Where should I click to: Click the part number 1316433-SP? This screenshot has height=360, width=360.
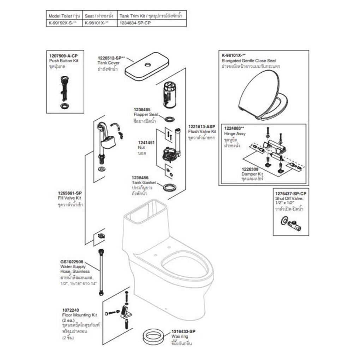click(183, 331)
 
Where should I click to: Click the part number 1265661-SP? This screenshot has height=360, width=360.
click(70, 193)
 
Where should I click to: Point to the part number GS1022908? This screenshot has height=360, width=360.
click(72, 262)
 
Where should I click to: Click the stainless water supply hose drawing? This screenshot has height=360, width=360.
click(102, 271)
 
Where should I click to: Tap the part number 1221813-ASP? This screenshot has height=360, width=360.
click(202, 126)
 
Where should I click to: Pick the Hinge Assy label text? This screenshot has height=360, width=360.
click(235, 134)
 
